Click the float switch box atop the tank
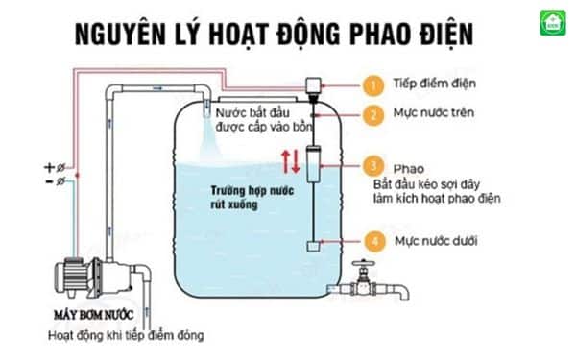[313, 86]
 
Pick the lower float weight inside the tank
[312, 245]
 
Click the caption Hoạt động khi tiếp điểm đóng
[127, 336]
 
